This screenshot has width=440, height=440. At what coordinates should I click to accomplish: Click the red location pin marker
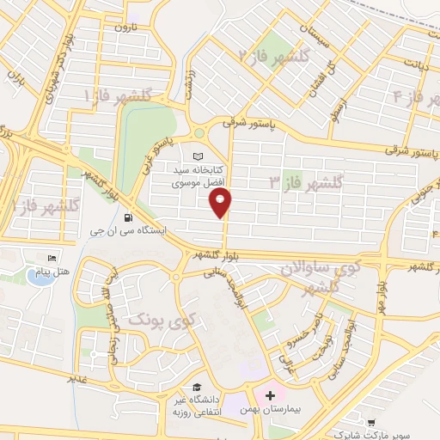point(222,203)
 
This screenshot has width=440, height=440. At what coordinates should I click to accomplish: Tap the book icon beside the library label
point(199,157)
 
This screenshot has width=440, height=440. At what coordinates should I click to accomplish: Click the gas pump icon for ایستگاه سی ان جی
point(128,217)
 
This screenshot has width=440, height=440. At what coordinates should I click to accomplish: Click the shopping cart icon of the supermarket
point(370,422)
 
